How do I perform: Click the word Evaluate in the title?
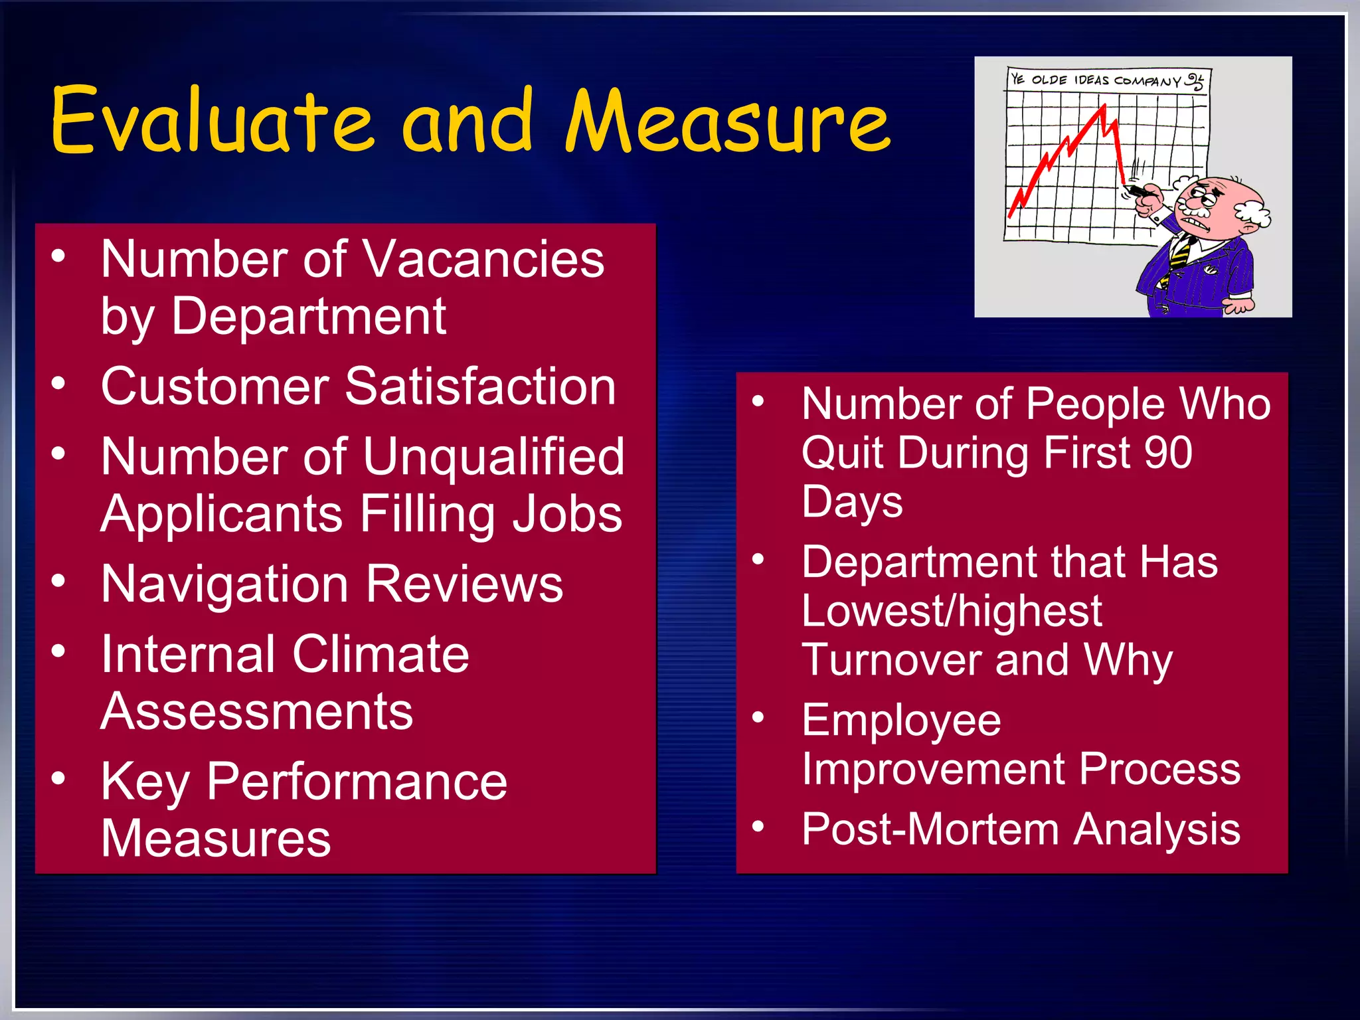coord(211,121)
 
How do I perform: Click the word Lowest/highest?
coord(951,611)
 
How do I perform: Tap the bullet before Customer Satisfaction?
coord(59,384)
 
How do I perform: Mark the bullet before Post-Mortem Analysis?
coord(758,827)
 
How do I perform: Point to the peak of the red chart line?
coord(1104,106)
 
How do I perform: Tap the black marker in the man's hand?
coord(1139,191)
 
